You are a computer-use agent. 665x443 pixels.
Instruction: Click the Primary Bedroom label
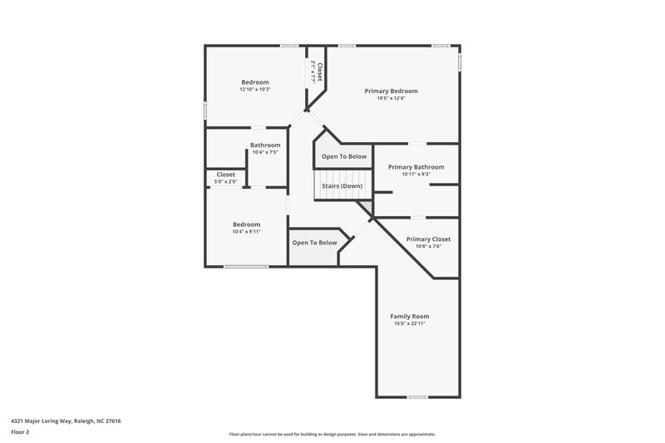(391, 91)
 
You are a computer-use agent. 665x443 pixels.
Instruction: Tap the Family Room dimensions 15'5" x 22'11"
(410, 323)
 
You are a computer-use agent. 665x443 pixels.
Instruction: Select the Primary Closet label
(428, 239)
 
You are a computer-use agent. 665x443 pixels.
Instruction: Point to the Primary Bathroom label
(416, 166)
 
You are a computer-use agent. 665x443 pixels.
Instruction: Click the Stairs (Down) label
(342, 185)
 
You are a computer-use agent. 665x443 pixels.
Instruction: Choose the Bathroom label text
(265, 145)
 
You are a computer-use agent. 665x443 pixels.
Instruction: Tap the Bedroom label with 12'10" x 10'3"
(255, 81)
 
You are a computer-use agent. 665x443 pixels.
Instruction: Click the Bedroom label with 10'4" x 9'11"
(246, 224)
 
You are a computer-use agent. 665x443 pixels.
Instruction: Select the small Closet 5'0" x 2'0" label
(225, 175)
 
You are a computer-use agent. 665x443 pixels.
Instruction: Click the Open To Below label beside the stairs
(344, 156)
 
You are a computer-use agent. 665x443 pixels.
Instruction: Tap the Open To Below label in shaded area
(314, 243)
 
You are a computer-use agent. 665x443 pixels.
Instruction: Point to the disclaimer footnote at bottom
(332, 434)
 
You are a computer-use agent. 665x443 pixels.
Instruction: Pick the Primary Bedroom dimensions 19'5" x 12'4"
(391, 98)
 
